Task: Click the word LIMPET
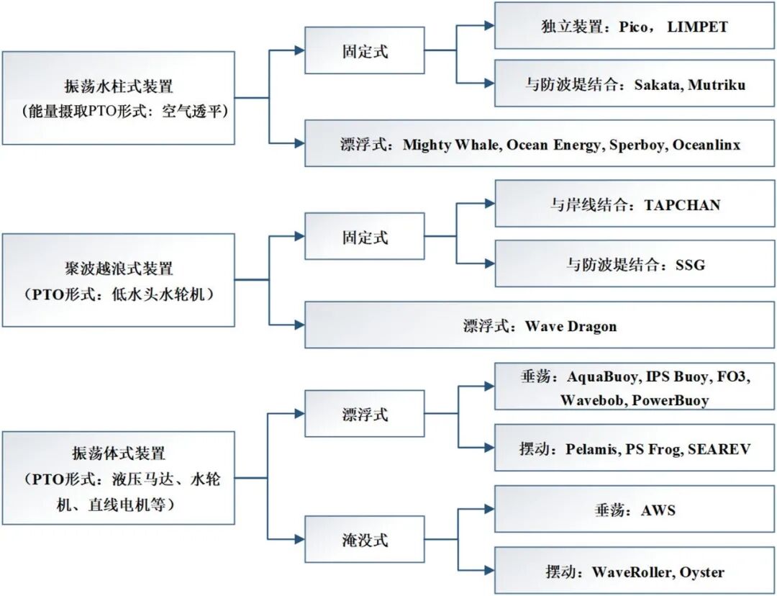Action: pyautogui.click(x=697, y=27)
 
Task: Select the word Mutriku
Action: pyautogui.click(x=717, y=85)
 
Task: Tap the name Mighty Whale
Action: pyautogui.click(x=451, y=145)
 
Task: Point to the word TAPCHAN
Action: pyautogui.click(x=682, y=204)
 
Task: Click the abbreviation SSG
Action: pyautogui.click(x=690, y=264)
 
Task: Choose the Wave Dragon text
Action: pyautogui.click(x=571, y=326)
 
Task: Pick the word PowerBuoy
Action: pyautogui.click(x=670, y=400)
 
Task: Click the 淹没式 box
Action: pyautogui.click(x=365, y=540)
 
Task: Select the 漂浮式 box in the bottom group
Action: pyautogui.click(x=365, y=415)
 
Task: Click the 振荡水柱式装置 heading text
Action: pyautogui.click(x=119, y=87)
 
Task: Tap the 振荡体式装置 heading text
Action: pyautogui.click(x=119, y=453)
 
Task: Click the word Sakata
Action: pyautogui.click(x=658, y=85)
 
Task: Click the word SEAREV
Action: pyautogui.click(x=719, y=449)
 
